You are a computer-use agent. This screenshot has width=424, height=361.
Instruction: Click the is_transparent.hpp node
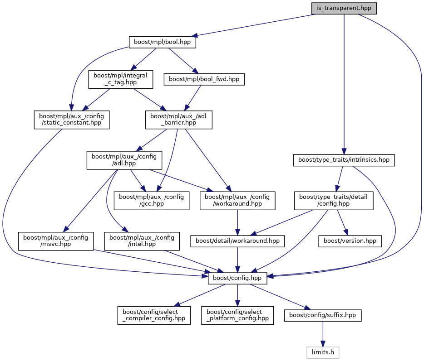click(x=344, y=8)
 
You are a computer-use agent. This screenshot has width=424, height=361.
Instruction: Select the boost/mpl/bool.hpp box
click(x=163, y=42)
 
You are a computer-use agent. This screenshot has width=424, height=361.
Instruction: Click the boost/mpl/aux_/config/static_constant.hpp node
click(x=72, y=120)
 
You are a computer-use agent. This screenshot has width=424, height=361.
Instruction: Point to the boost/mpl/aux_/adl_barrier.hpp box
click(x=178, y=120)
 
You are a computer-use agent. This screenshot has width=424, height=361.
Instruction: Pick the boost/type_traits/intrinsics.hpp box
click(x=344, y=160)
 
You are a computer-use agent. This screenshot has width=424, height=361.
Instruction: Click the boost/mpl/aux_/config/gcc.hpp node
click(x=151, y=200)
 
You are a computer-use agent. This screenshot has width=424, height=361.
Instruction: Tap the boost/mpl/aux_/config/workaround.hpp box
click(x=237, y=200)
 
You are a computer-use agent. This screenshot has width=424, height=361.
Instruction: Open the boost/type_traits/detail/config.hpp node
click(x=334, y=200)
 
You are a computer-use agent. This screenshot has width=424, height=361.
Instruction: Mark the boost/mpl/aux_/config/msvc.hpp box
click(x=56, y=241)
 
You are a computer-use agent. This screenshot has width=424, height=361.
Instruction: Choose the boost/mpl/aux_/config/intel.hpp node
click(x=142, y=241)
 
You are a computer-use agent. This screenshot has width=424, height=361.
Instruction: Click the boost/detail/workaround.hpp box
click(x=237, y=241)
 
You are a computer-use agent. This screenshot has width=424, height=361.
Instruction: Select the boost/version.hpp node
click(x=350, y=241)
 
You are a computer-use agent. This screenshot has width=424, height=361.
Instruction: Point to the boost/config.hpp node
click(x=237, y=278)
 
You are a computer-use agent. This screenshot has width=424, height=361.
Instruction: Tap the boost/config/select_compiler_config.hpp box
click(x=154, y=315)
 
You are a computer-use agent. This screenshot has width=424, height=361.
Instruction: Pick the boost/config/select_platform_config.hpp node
click(x=238, y=315)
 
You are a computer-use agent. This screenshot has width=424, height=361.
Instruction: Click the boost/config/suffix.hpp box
click(x=322, y=315)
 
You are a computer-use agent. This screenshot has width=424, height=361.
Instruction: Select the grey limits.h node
click(x=322, y=351)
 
